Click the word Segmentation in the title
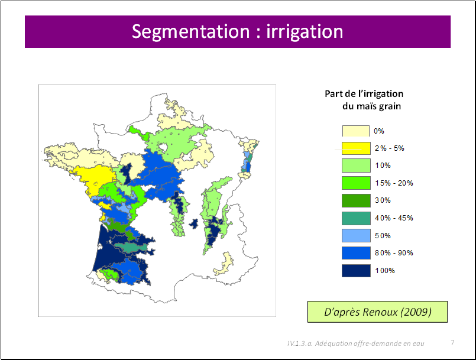click(190, 31)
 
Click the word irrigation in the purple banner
click(305, 31)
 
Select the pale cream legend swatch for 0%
click(356, 131)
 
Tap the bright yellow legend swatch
click(356, 148)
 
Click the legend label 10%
click(383, 166)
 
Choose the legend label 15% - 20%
click(394, 183)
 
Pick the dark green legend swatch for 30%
click(356, 200)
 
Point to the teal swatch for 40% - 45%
click(356, 218)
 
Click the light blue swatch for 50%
click(356, 235)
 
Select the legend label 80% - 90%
click(394, 253)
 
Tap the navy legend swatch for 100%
click(356, 271)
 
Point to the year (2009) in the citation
click(416, 312)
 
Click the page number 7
click(452, 343)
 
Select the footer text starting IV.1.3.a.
click(356, 343)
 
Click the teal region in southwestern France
click(131, 247)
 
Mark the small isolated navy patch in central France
click(193, 224)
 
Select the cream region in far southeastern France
click(225, 264)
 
